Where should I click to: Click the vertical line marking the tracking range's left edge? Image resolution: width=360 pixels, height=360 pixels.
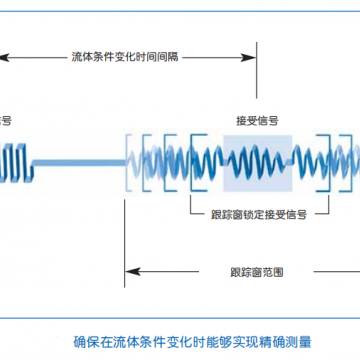(x=125, y=200)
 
